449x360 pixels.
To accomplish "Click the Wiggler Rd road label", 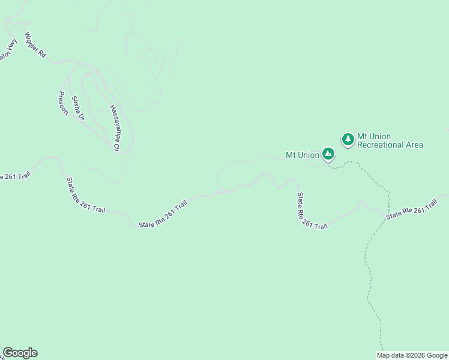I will pyautogui.click(x=35, y=45).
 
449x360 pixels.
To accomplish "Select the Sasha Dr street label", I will pyautogui.click(x=78, y=108).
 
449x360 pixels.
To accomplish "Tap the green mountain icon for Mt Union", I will pyautogui.click(x=328, y=154).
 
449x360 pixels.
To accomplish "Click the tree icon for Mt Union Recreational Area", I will pyautogui.click(x=348, y=140).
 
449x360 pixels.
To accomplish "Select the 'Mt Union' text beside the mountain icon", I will pyautogui.click(x=302, y=155).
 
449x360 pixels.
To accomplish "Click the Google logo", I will pyautogui.click(x=20, y=353).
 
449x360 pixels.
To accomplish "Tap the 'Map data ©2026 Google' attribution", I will pyautogui.click(x=412, y=355).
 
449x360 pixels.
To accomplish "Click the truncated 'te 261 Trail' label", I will pyautogui.click(x=14, y=176).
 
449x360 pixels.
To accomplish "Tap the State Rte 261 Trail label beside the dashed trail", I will pyautogui.click(x=414, y=210).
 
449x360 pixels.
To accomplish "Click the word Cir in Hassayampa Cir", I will pyautogui.click(x=116, y=145).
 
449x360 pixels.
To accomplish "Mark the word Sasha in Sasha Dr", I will pyautogui.click(x=76, y=103).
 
